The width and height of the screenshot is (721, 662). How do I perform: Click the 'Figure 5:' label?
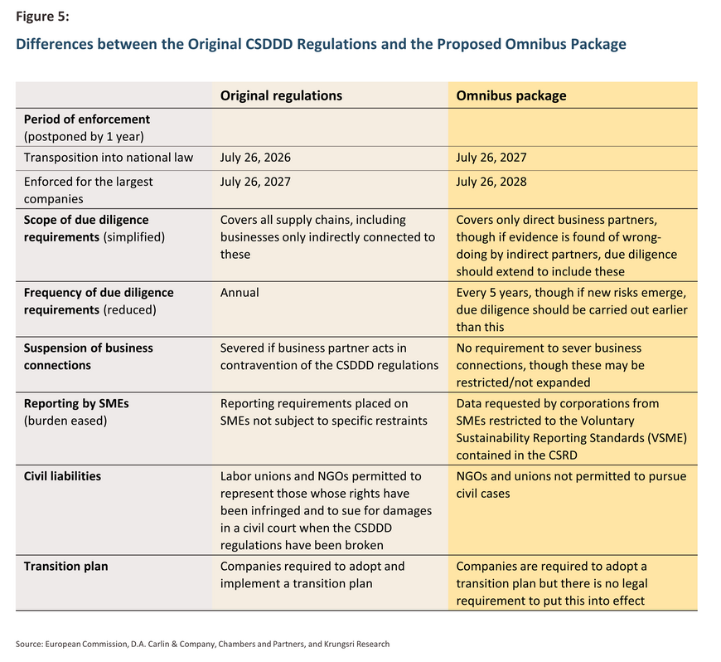[42, 16]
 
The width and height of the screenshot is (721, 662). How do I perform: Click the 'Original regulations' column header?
[281, 95]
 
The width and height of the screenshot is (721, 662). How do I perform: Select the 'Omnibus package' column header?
[511, 95]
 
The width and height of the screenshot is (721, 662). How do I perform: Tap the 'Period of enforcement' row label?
[86, 119]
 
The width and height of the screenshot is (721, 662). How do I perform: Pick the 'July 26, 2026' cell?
[255, 158]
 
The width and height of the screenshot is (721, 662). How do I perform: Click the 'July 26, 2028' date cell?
[491, 182]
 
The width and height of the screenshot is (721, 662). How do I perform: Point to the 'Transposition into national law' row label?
[109, 158]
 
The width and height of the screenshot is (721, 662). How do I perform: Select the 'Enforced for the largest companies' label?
[89, 190]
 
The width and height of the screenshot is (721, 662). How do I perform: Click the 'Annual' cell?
[240, 292]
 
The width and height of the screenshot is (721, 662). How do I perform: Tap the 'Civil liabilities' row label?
[62, 476]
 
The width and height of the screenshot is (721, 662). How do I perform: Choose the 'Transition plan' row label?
[65, 566]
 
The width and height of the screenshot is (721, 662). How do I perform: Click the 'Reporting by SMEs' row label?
[76, 403]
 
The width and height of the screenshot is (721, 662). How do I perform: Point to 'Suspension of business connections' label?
[89, 357]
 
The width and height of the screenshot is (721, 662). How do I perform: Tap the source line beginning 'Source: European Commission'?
[202, 644]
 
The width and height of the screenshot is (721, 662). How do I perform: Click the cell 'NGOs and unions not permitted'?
[571, 484]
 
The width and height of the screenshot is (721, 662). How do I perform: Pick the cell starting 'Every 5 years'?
[572, 309]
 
